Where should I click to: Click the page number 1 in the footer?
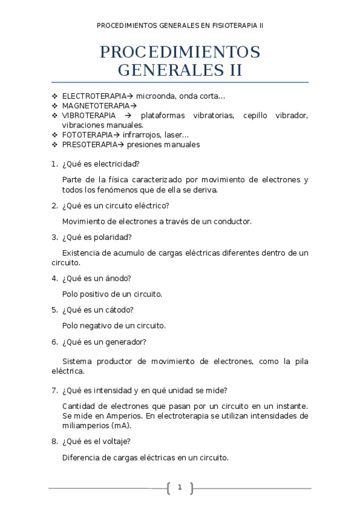(180, 487)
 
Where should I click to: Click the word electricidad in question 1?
(117, 164)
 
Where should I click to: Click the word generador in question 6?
(126, 342)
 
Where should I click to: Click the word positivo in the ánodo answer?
(94, 294)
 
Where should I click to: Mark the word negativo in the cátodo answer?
(96, 326)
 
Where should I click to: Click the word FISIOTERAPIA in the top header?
(230, 26)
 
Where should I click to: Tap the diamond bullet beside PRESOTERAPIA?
(55, 144)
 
